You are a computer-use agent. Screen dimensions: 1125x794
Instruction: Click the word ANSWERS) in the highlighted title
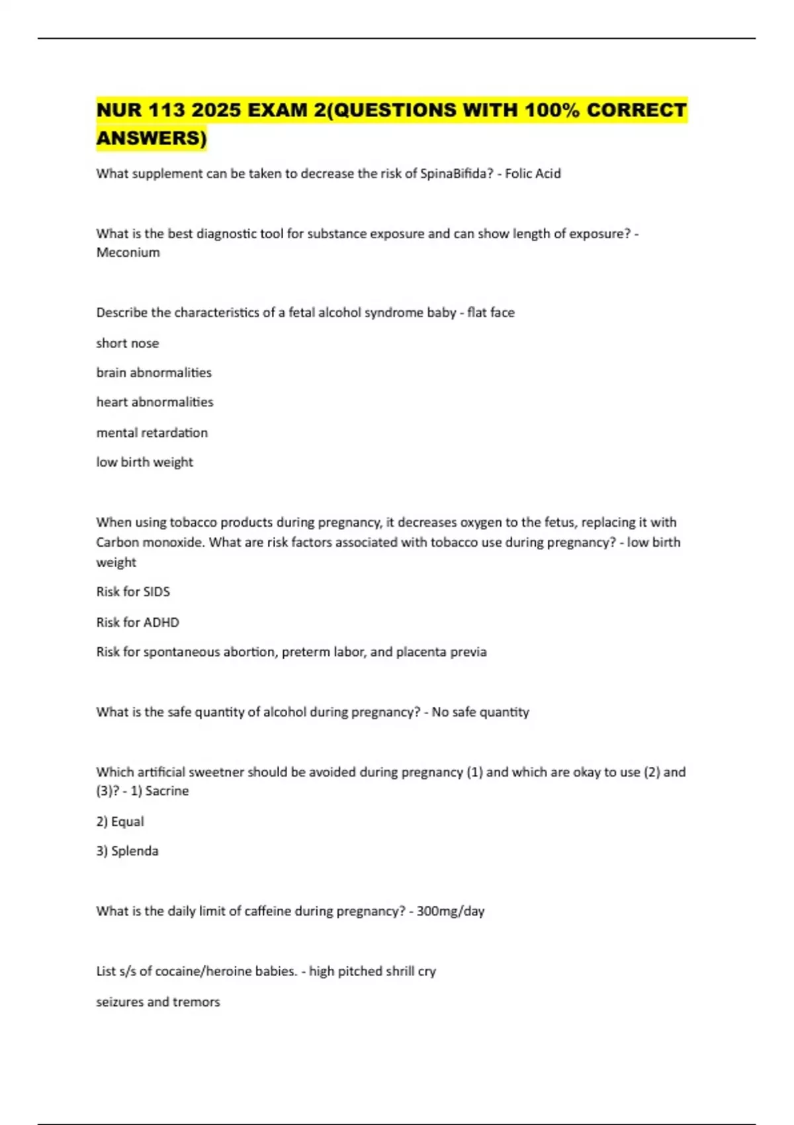point(152,138)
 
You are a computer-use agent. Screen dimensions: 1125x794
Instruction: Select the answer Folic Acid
point(533,173)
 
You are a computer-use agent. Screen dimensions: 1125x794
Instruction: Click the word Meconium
point(128,252)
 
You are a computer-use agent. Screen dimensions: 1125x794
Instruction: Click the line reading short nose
point(128,343)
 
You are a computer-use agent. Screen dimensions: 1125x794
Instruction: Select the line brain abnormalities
point(154,373)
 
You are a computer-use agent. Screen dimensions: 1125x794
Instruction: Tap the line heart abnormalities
point(155,402)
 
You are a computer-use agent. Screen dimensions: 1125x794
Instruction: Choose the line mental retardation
point(152,432)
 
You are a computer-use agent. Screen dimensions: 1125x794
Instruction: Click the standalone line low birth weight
point(145,462)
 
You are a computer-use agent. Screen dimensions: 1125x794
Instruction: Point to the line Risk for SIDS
point(133,592)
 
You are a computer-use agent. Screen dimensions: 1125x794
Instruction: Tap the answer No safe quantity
point(480,712)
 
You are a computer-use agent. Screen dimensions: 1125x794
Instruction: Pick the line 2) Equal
point(120,821)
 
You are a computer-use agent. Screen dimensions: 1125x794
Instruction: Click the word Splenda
point(135,851)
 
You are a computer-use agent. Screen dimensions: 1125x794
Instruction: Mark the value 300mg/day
point(451,911)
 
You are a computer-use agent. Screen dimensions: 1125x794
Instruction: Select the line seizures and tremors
point(158,1002)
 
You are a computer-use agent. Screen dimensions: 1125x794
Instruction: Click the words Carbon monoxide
point(149,542)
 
